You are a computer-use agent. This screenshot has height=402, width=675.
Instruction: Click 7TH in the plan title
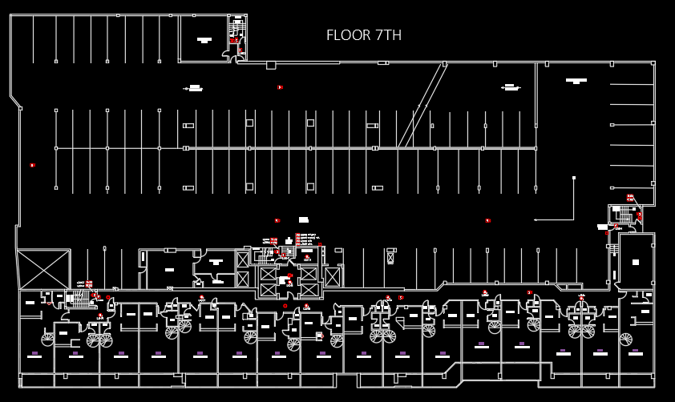388,35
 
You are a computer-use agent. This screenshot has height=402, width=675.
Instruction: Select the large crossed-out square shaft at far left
43,269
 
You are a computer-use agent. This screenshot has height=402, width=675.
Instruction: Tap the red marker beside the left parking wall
32,165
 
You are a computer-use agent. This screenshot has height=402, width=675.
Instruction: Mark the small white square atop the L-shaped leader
574,178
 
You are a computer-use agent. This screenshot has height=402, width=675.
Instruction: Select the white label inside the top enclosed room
204,39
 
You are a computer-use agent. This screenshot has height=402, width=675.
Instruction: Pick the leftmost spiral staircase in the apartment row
47,340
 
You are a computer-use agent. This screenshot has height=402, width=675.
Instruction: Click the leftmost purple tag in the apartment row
34,353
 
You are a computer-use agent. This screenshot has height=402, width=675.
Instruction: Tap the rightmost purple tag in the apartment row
637,352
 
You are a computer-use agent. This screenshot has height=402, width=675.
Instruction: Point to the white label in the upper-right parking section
576,80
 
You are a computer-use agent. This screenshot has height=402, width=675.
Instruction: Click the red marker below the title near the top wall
280,86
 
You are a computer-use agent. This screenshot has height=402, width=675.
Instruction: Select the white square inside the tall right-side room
635,261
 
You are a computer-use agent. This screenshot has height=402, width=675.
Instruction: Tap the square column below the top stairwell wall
271,65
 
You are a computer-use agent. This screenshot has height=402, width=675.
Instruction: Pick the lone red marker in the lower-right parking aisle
487,220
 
